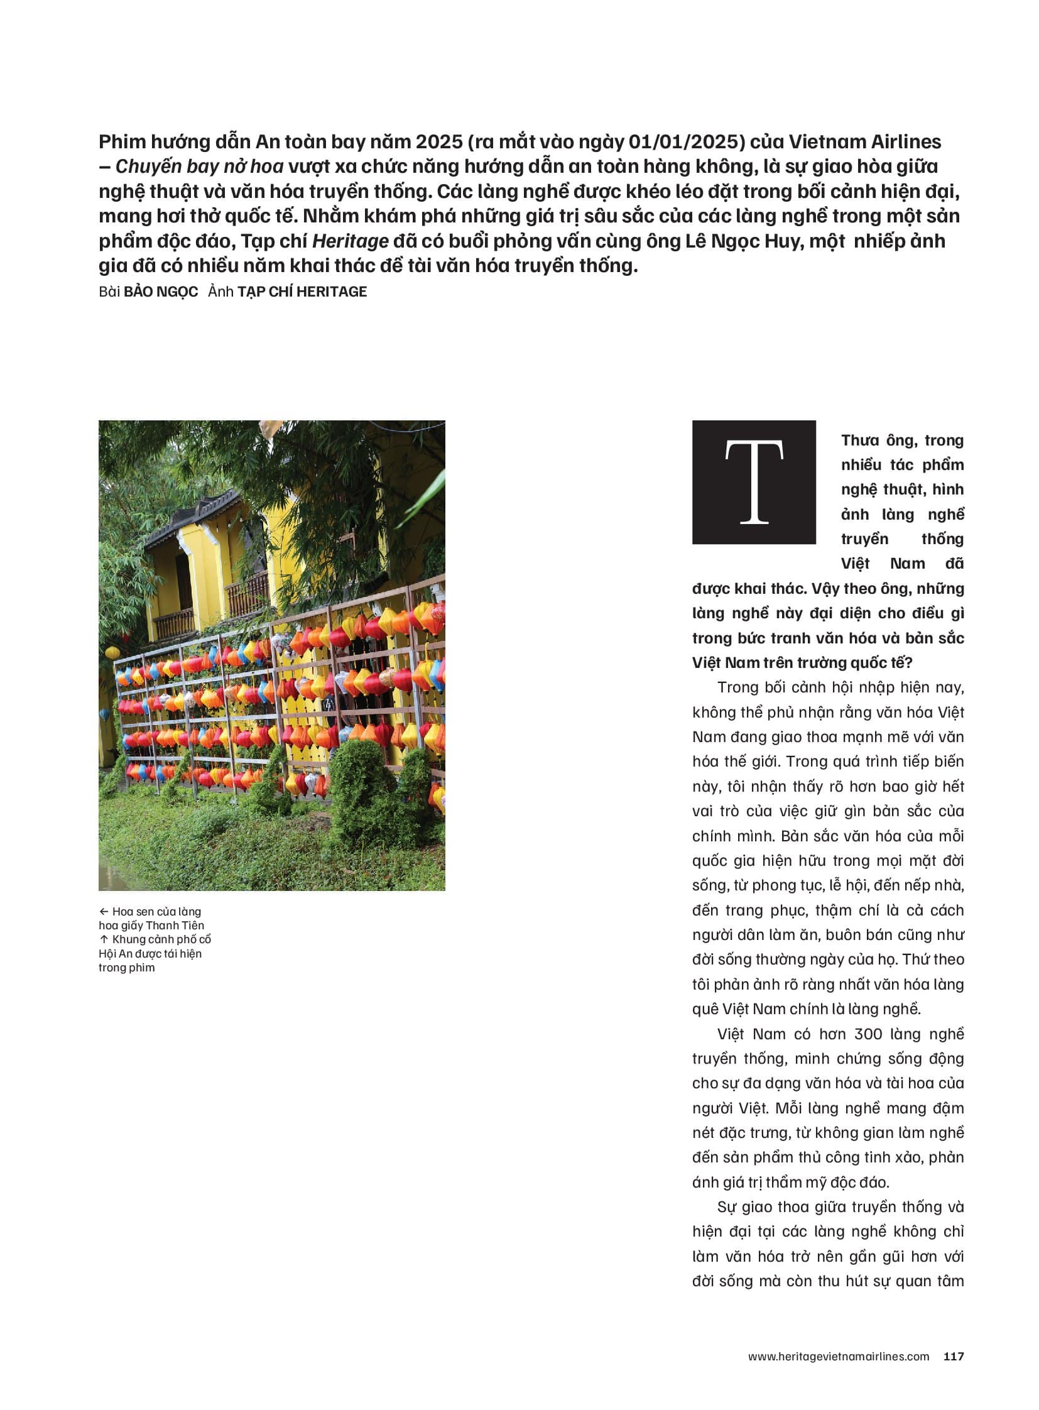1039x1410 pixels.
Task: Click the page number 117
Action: (x=954, y=1357)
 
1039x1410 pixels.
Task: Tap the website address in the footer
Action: (x=839, y=1357)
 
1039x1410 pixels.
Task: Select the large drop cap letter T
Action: (x=753, y=482)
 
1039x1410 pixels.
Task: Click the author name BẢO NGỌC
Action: (x=160, y=292)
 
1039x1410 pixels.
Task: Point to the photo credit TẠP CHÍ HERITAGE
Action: (x=302, y=292)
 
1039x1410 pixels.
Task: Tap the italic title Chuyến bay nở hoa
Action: (x=199, y=167)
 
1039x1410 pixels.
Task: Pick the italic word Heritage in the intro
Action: (x=351, y=242)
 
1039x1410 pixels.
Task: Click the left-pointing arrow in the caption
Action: (x=104, y=912)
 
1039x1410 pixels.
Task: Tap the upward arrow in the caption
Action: (x=104, y=939)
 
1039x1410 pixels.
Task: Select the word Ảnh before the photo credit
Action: (x=220, y=292)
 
